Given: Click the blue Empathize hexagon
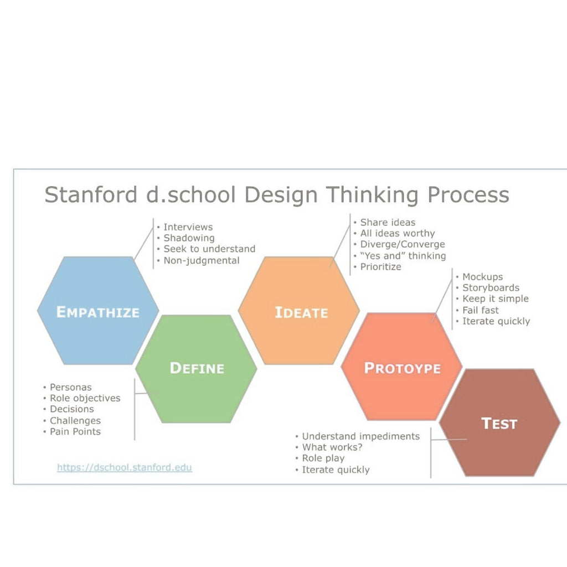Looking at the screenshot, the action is coord(98,311).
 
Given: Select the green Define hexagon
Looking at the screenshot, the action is coord(197,368).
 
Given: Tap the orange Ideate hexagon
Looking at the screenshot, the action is coord(298,311).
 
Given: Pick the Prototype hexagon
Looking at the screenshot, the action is coord(402,367).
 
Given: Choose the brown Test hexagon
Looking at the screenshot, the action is coord(500,422).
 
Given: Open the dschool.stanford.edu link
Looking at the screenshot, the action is coord(125,467).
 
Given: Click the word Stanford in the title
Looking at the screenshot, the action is coord(91,194).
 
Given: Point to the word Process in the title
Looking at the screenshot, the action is coord(468,194).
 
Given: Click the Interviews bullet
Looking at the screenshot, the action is coord(188,227).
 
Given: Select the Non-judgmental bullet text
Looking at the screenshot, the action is coord(202,260).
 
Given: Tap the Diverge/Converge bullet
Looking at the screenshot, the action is coord(403,244).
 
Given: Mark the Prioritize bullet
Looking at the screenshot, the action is coord(381,266).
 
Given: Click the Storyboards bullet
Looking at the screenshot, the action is coord(491,288).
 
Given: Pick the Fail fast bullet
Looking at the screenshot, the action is coord(480,310).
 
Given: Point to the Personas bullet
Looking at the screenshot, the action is coord(70,387).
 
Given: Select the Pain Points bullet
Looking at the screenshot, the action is coord(75,431).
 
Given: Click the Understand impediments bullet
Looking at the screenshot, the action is coord(361,436).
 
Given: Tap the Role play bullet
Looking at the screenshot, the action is coord(323,458).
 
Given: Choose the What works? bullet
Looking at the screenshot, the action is coord(332,447).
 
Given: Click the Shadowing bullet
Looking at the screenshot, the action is coord(189,238).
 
